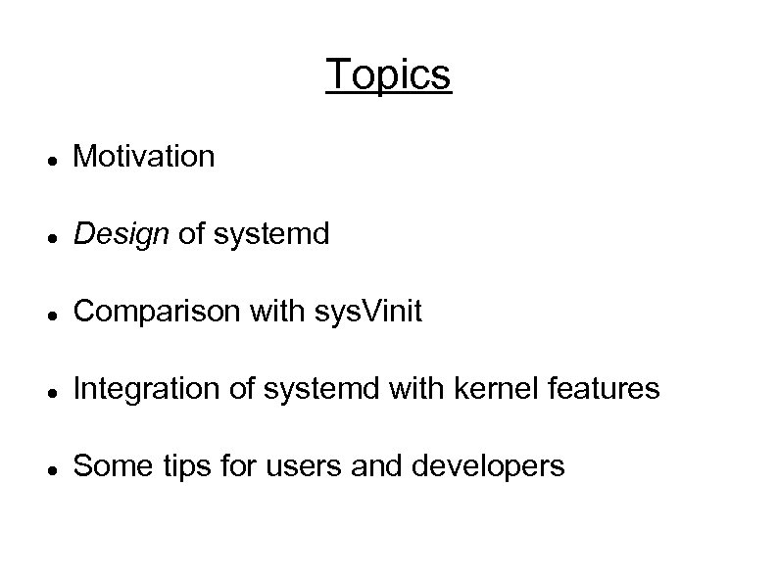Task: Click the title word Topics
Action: pos(388,74)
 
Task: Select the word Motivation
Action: pos(144,156)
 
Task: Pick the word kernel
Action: pos(489,390)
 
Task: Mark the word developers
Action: pos(489,467)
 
